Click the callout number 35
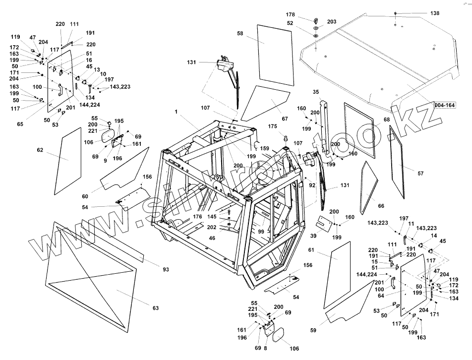coord(316,92)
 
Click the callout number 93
coord(166,269)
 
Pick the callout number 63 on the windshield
coord(156,308)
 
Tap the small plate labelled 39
coord(325,225)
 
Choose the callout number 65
coord(20,124)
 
